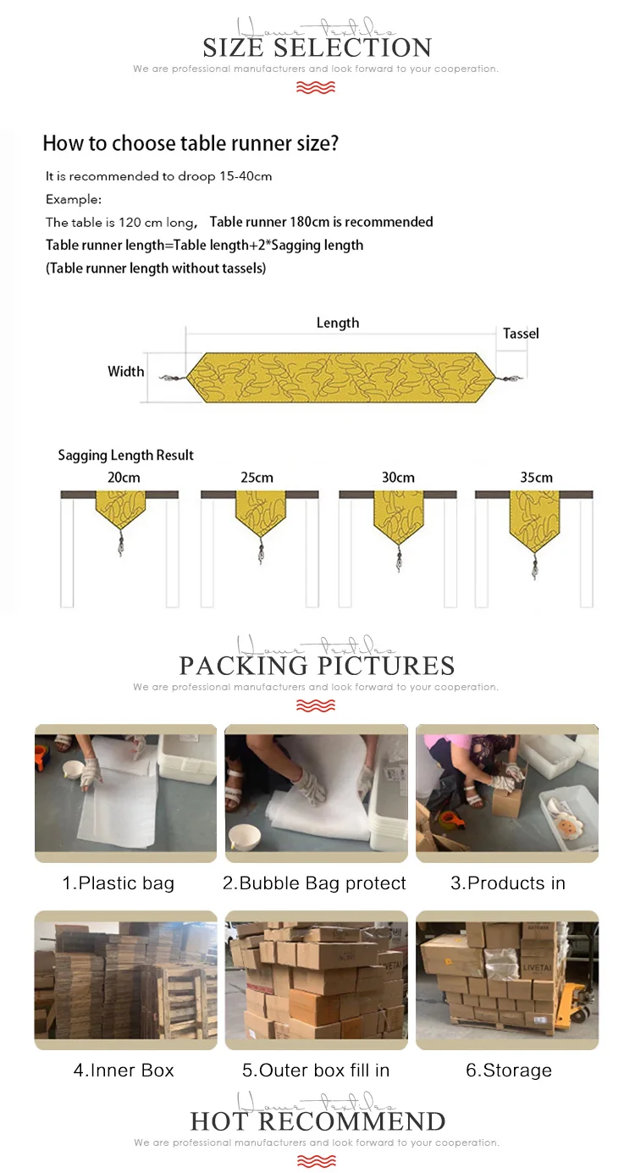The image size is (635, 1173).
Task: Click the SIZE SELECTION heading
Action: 317,47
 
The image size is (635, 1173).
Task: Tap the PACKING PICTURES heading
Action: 317,665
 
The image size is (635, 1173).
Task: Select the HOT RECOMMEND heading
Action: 317,1121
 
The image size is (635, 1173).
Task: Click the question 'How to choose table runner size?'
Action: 190,143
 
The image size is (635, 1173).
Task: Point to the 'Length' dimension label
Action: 338,323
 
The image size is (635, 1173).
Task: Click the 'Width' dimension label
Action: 125,372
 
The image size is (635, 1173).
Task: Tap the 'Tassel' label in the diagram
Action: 521,334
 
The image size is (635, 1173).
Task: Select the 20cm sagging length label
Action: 124,478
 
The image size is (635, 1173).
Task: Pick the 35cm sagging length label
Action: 536,478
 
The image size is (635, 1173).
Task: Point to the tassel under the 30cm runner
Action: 398,560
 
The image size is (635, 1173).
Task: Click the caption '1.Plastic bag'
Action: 118,883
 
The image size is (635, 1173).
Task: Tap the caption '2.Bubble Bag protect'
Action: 314,883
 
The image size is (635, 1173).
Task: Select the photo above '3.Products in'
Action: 506,793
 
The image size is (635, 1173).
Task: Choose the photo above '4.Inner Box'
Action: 124,980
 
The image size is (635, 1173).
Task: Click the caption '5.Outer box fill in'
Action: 316,1071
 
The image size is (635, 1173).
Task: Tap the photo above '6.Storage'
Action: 506,980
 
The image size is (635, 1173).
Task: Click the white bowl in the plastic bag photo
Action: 79,771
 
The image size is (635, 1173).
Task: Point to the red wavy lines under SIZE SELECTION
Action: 316,87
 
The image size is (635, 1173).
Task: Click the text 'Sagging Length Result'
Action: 125,456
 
